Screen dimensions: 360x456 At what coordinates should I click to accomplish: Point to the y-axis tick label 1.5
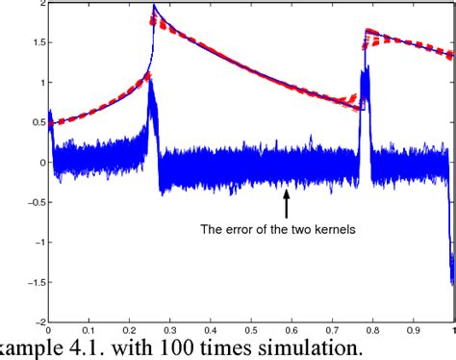[x=37, y=43]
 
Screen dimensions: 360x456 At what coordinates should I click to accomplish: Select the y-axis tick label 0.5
[x=37, y=122]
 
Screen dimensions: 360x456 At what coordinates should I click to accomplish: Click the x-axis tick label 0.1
[x=89, y=329]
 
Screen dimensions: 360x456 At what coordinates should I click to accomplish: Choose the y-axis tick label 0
[x=41, y=163]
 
